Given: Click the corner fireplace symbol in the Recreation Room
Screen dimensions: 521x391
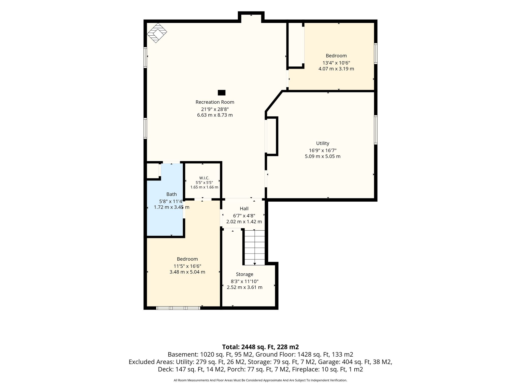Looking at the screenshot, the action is click(x=157, y=33).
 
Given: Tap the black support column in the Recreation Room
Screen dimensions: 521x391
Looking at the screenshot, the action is click(x=222, y=93).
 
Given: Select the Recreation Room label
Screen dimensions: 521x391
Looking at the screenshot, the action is click(x=215, y=102).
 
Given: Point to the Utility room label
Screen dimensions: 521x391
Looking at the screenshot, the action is click(x=323, y=143).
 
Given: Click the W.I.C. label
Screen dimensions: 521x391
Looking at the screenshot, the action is click(x=204, y=178).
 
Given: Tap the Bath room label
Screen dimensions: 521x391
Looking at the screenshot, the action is click(x=171, y=194).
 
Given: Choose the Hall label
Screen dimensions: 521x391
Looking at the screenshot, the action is click(x=244, y=209).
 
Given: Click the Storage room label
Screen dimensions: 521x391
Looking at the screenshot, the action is click(x=244, y=274).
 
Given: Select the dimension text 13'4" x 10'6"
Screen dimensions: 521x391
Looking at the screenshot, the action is click(x=336, y=63).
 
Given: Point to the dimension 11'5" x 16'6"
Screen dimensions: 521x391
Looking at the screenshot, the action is click(x=187, y=266).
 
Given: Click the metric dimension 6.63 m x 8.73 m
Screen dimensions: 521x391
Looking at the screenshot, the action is click(x=215, y=115).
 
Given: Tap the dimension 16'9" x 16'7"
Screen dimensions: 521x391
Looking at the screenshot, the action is click(x=323, y=150).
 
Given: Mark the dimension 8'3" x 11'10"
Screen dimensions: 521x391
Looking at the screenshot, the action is click(x=244, y=281).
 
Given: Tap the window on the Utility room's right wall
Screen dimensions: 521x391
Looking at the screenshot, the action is click(x=376, y=130).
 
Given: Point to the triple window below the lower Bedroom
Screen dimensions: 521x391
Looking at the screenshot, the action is click(x=178, y=308).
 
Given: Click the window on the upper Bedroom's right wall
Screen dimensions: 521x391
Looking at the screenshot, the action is click(x=376, y=53).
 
